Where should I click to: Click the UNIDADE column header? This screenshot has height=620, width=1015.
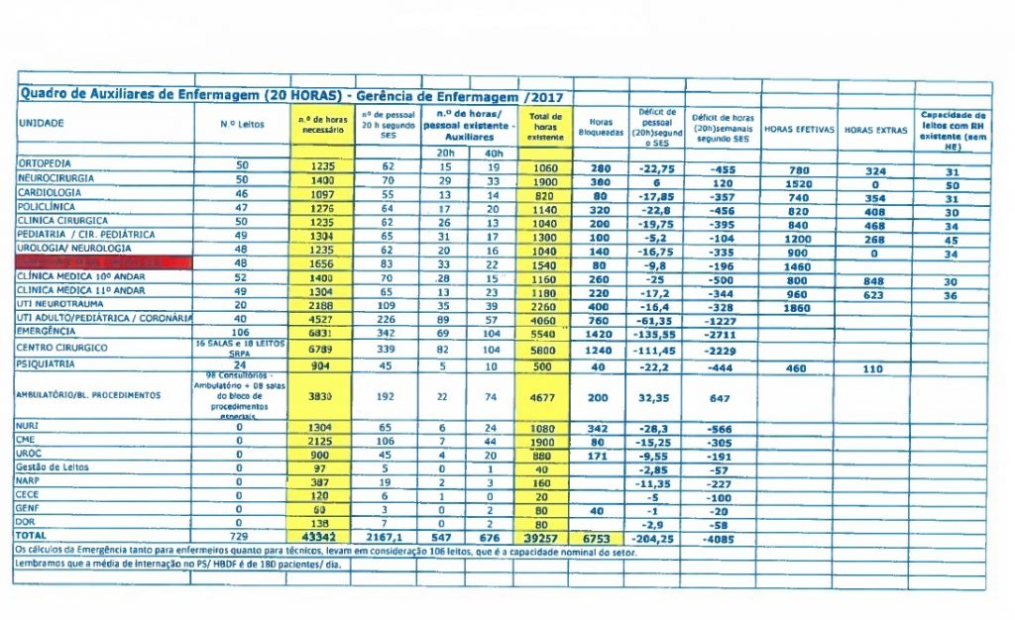(42, 123)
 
